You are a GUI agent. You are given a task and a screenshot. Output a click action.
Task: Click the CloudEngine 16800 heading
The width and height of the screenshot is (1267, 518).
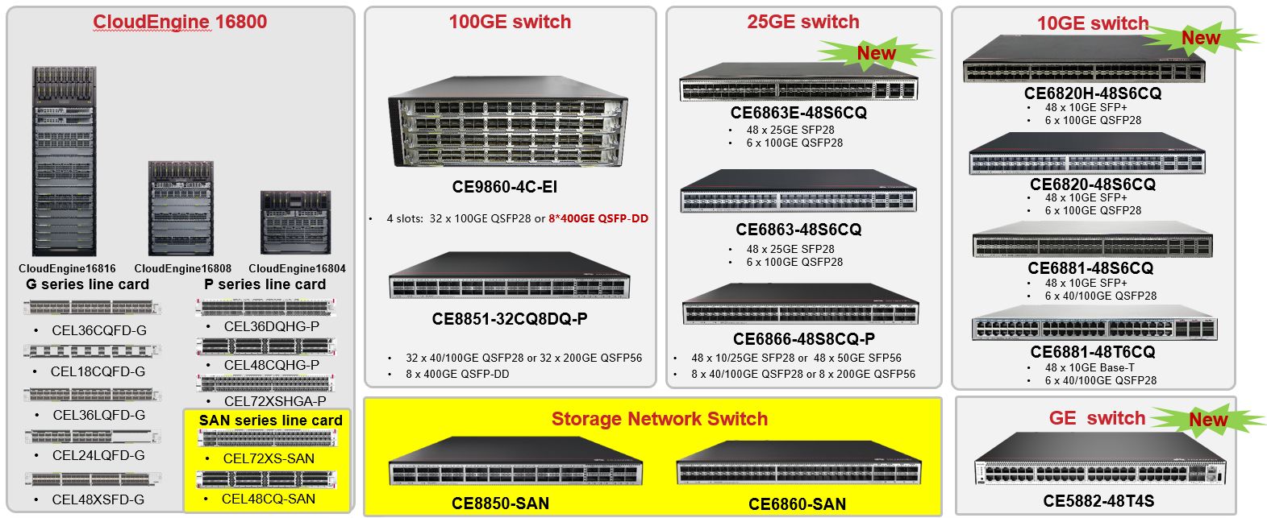tap(180, 22)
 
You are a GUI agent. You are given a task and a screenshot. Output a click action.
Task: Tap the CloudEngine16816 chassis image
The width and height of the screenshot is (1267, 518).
tap(64, 161)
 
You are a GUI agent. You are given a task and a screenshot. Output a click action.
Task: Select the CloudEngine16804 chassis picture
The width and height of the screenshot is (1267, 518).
tap(296, 222)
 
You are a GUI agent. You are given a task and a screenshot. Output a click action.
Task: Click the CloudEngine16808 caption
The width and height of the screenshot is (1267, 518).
tap(183, 268)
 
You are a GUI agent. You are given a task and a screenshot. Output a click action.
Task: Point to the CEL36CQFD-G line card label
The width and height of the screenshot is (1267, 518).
tap(99, 330)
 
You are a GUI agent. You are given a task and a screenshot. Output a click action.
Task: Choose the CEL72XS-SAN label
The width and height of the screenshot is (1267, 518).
tap(269, 458)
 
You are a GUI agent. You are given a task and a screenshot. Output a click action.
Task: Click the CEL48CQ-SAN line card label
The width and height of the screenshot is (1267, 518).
tap(269, 499)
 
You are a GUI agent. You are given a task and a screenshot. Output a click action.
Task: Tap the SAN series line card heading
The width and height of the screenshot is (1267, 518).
tap(270, 421)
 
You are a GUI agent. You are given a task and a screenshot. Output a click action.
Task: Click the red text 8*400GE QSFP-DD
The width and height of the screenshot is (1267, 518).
tap(598, 218)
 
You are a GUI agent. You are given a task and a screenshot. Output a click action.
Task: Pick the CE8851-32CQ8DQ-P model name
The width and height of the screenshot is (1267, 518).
tap(510, 319)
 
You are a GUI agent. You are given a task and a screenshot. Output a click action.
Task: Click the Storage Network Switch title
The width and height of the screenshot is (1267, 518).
tap(659, 419)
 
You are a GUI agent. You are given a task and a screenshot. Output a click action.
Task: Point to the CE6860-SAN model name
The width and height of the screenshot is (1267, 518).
tap(797, 504)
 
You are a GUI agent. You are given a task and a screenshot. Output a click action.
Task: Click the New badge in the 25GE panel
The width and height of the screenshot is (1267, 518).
tap(876, 53)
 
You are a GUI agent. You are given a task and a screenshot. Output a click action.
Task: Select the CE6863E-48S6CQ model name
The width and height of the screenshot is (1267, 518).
tap(798, 113)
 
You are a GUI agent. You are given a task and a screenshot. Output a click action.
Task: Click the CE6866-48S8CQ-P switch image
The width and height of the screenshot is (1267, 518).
tap(799, 305)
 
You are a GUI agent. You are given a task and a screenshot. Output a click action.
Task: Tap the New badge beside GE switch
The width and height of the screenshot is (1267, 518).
tap(1207, 419)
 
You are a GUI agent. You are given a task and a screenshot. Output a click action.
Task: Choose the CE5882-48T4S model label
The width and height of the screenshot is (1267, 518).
tap(1098, 501)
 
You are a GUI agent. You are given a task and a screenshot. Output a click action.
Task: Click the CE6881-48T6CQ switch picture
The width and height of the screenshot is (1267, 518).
tap(1094, 325)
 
